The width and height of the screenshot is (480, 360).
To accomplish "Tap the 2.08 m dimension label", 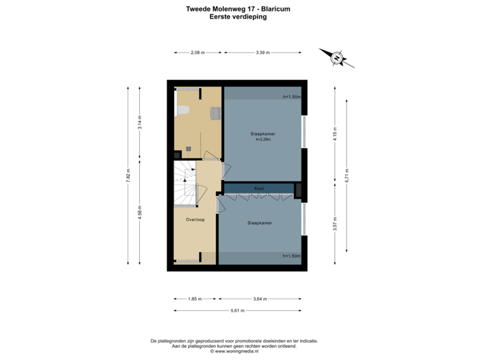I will pyautogui.click(x=197, y=51).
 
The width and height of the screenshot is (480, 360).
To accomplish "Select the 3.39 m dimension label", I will pyautogui.click(x=263, y=51).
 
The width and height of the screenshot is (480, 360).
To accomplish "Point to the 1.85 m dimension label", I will pyautogui.click(x=194, y=299).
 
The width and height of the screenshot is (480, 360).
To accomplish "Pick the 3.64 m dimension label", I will pyautogui.click(x=260, y=299).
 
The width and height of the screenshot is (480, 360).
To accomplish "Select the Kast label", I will pyautogui.click(x=259, y=189).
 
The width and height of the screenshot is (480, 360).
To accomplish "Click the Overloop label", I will pyautogui.click(x=195, y=218).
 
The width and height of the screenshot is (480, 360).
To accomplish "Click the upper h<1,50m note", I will pyautogui.click(x=292, y=97).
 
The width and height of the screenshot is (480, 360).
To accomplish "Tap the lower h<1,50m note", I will pyautogui.click(x=292, y=255).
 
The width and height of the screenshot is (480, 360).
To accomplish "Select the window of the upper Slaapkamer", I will pyautogui.click(x=304, y=133).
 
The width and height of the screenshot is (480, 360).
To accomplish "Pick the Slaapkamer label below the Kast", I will pyautogui.click(x=259, y=223).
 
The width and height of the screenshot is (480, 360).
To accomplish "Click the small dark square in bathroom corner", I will pyautogui.click(x=189, y=149).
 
